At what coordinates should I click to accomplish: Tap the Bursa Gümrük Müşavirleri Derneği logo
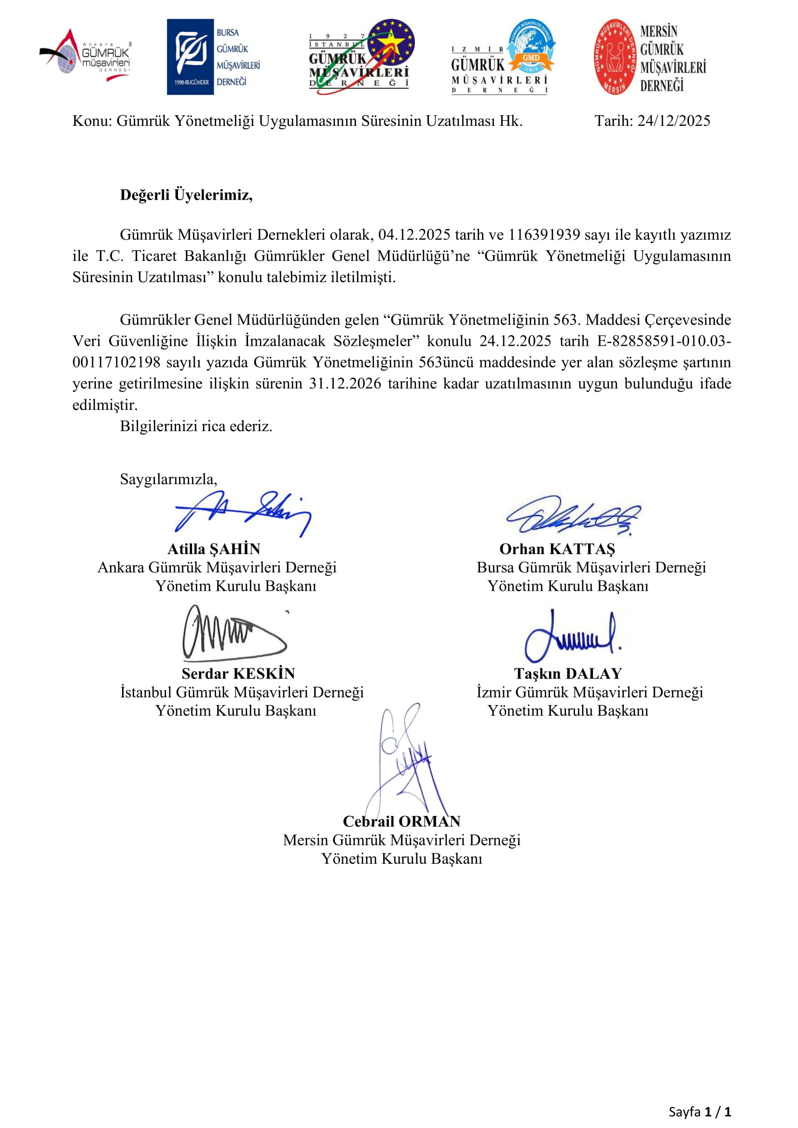[213, 57]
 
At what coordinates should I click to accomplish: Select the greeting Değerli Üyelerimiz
[186, 195]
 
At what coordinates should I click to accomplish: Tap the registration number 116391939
[544, 235]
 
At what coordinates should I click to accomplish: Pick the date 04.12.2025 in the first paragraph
[414, 235]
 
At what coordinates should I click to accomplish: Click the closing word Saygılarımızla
[168, 479]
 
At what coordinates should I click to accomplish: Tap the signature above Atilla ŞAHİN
[243, 514]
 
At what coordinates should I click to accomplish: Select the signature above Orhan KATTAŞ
[573, 516]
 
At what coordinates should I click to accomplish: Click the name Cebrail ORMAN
[401, 821]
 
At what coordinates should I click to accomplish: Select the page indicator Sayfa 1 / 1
[699, 1112]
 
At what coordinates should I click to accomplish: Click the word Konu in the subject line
[91, 121]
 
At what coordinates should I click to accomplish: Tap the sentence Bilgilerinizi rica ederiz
[195, 426]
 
